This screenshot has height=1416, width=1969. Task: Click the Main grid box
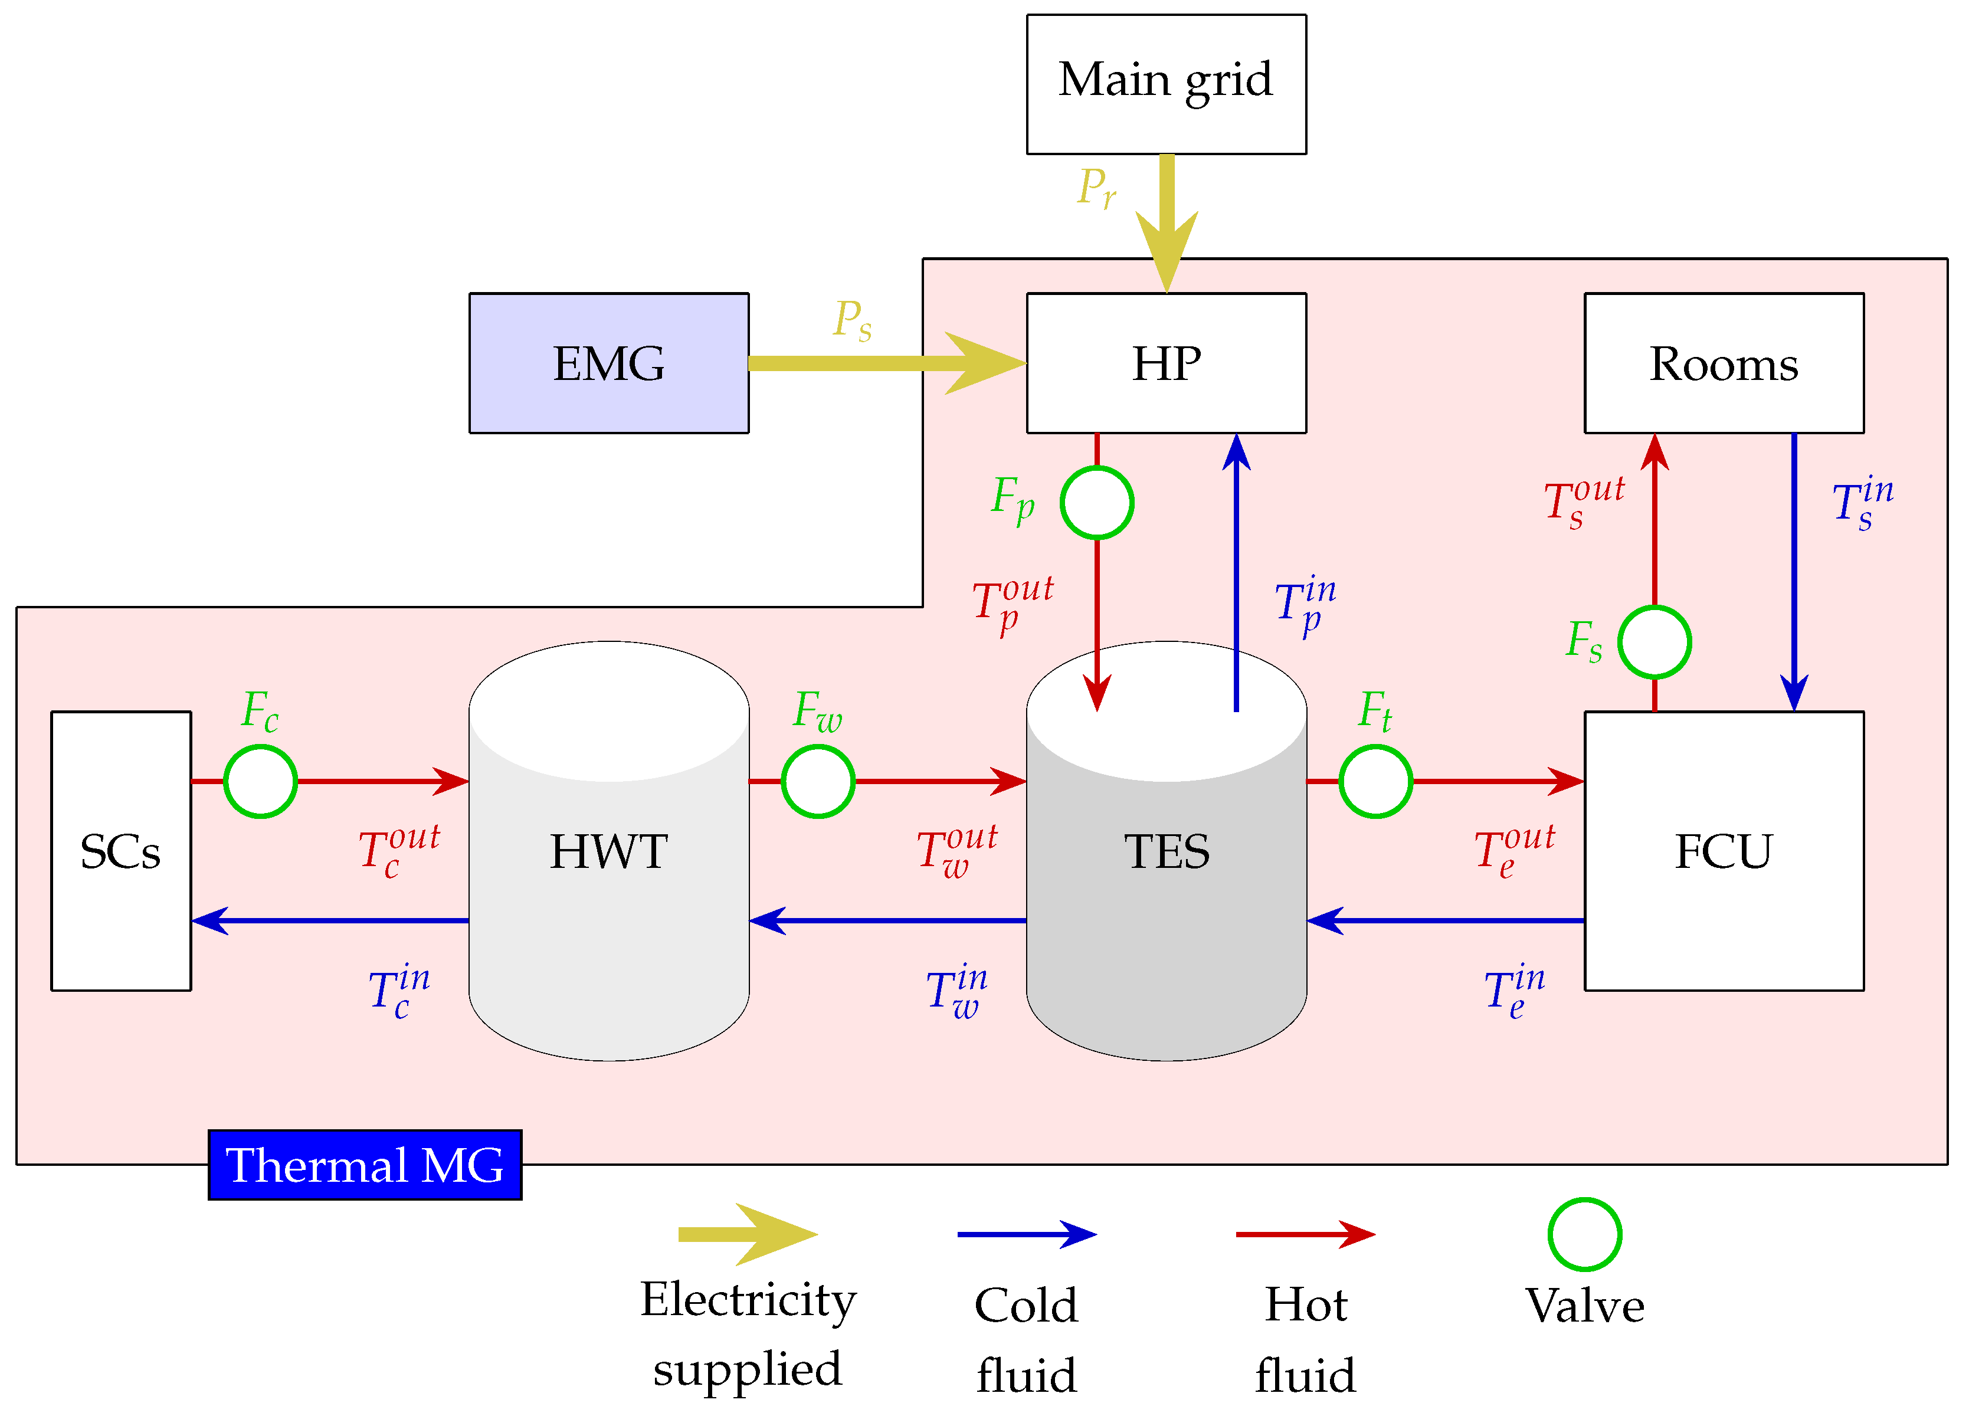click(1166, 84)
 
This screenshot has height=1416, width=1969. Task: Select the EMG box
click(608, 363)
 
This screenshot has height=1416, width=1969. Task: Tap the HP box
click(1166, 363)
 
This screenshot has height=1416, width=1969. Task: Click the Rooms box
click(1724, 363)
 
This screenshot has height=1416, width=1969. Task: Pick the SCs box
click(121, 851)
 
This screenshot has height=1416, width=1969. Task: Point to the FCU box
click(1724, 851)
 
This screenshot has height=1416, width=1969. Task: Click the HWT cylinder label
click(608, 851)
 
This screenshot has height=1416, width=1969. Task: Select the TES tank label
click(1166, 851)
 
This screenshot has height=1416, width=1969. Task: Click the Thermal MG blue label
click(365, 1165)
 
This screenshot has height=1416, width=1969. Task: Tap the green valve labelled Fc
click(260, 781)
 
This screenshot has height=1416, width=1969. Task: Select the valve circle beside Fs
click(1654, 643)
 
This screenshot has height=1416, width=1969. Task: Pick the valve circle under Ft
click(1375, 781)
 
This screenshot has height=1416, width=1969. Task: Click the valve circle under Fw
click(818, 781)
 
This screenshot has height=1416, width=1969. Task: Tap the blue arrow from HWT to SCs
click(330, 920)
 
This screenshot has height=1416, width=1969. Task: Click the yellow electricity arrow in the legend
click(746, 1234)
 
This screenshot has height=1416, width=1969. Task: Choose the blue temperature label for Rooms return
click(1862, 503)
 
